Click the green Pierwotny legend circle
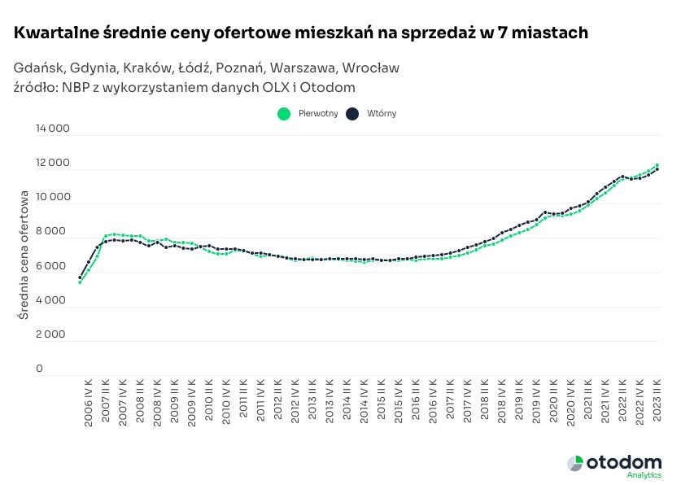(283, 114)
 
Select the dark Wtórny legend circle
(352, 114)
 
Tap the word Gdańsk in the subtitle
(38, 68)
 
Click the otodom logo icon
(575, 463)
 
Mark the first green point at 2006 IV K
(80, 282)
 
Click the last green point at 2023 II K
(657, 164)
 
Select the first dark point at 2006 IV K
(80, 277)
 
